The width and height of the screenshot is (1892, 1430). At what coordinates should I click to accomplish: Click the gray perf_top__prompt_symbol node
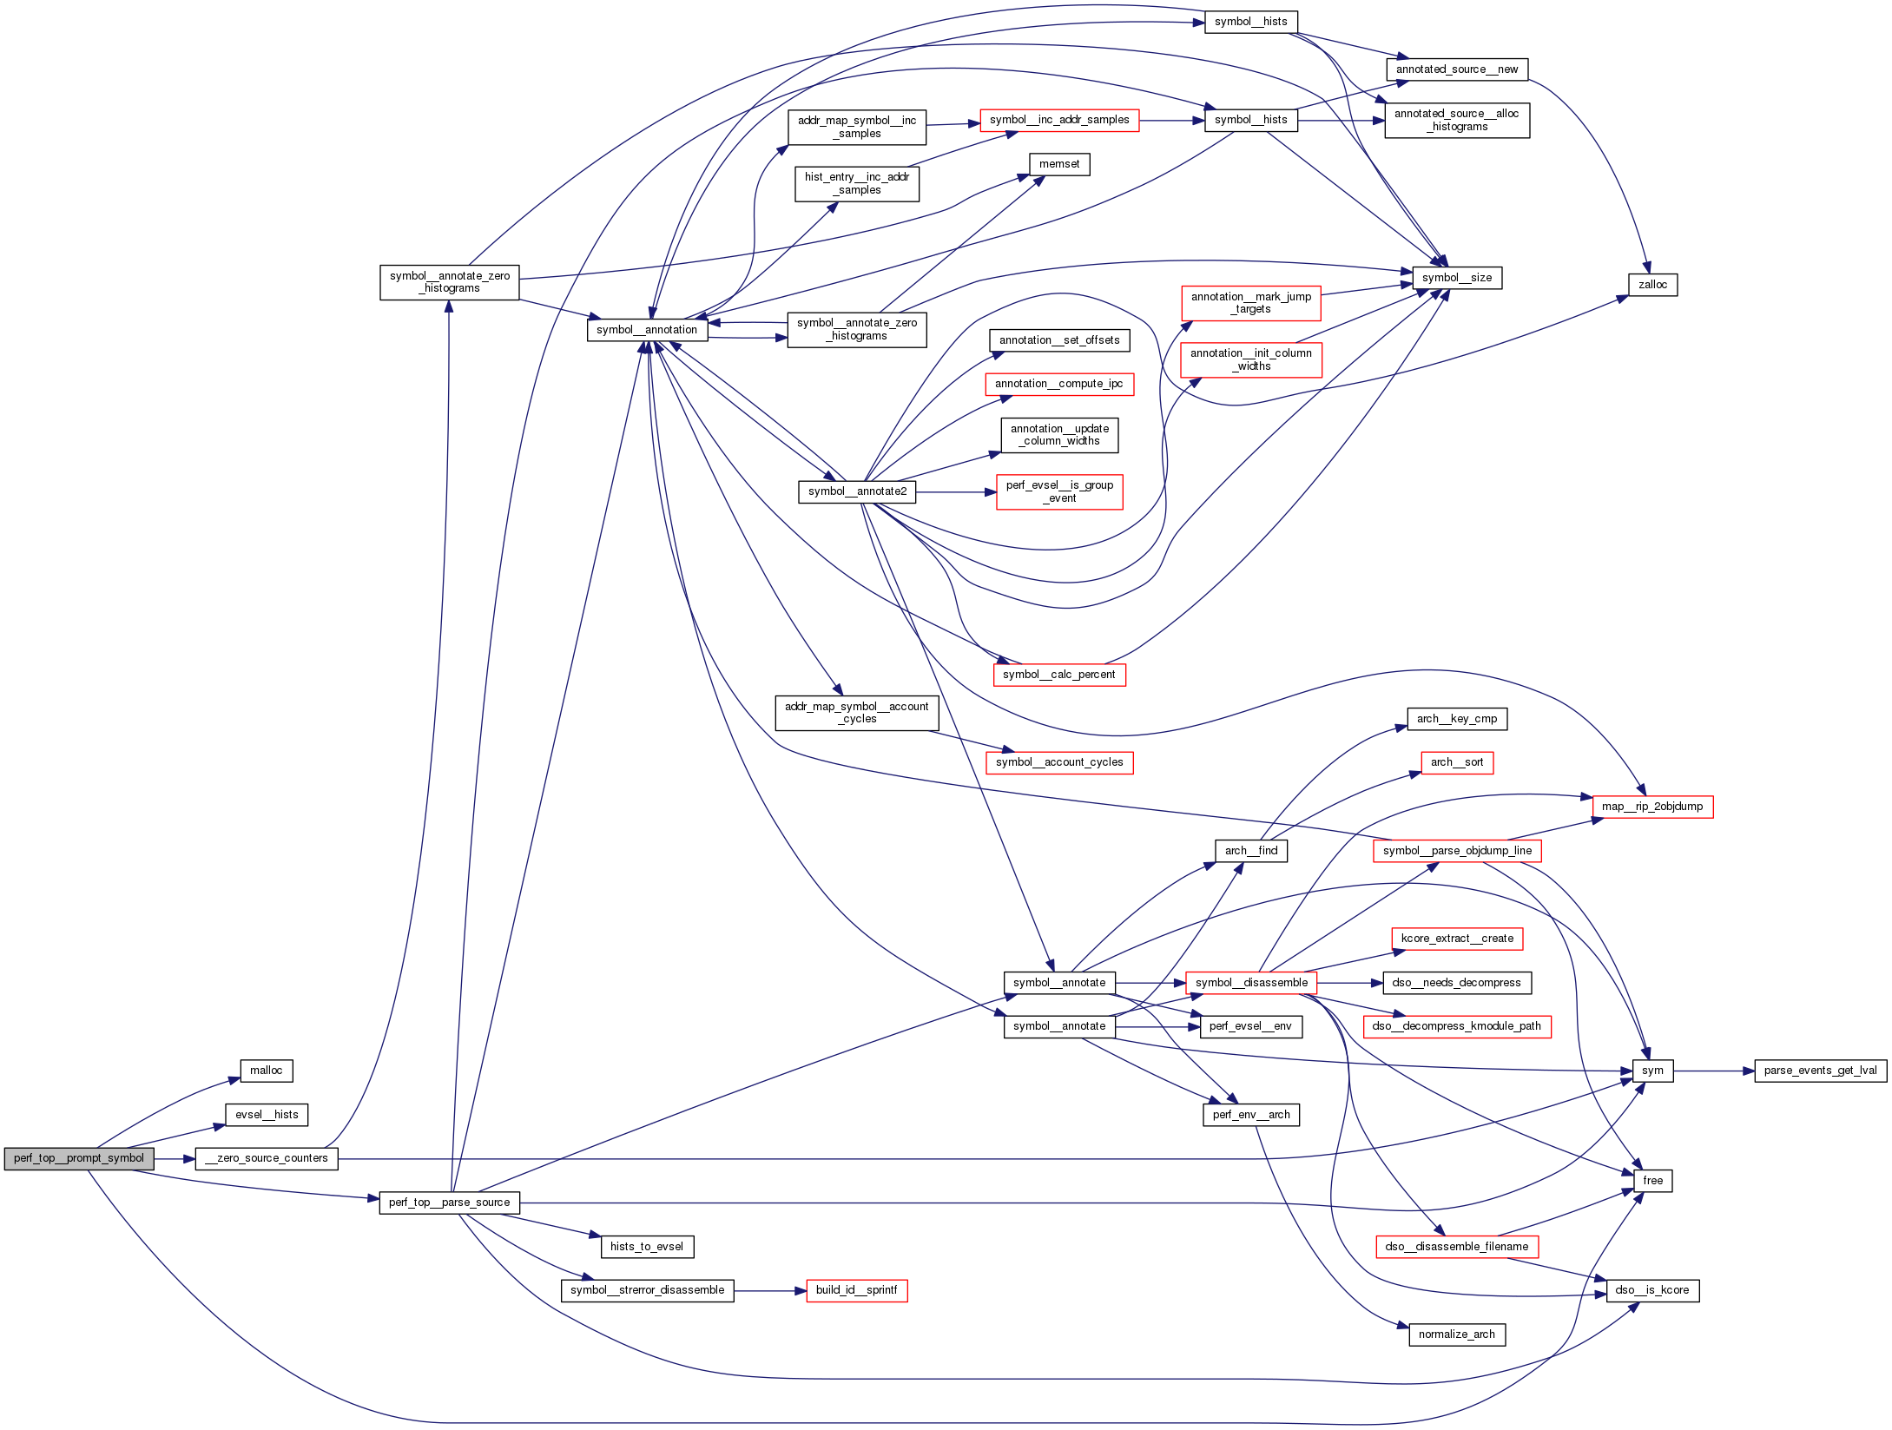(79, 1158)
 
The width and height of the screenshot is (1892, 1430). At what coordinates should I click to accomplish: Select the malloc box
(267, 1071)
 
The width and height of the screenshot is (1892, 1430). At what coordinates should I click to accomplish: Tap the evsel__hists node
(267, 1115)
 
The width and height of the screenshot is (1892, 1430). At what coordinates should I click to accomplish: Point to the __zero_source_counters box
(267, 1158)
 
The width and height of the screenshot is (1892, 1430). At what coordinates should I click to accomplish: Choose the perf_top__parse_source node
(449, 1203)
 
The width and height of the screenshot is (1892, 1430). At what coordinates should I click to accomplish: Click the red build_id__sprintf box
(856, 1290)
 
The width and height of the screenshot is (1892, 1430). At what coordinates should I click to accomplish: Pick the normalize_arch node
(1456, 1334)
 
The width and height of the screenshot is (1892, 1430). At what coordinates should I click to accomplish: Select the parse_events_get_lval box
(1820, 1071)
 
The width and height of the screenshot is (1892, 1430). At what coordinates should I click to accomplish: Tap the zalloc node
(1652, 285)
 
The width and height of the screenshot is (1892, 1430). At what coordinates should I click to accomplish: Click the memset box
(1059, 164)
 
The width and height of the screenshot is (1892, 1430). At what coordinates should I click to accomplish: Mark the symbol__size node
(1457, 278)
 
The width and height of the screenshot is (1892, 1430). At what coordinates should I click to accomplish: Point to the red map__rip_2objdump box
(1652, 807)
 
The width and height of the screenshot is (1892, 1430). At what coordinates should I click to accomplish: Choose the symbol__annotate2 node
(857, 491)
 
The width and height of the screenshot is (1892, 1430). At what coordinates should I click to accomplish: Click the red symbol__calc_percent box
(1058, 675)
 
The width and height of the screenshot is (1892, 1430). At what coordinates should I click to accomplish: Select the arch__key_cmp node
(1456, 719)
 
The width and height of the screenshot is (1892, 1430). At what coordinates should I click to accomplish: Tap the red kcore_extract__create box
(1456, 939)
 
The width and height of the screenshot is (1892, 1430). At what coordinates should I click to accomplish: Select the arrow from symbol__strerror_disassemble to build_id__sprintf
(769, 1291)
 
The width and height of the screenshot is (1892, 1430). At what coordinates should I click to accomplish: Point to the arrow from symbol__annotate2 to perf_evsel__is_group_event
(955, 492)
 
